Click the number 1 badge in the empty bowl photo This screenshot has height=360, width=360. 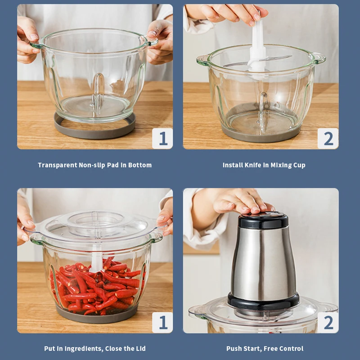click(x=162, y=139)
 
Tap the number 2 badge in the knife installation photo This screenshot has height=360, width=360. click(x=328, y=139)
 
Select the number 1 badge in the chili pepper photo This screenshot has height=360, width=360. click(x=162, y=322)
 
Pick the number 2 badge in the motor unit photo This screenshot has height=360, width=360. click(x=328, y=322)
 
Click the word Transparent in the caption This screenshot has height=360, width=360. click(x=58, y=165)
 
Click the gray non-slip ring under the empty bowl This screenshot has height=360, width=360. click(x=94, y=134)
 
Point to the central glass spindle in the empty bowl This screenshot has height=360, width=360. click(x=98, y=92)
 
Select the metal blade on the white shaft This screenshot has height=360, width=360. click(x=275, y=58)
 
